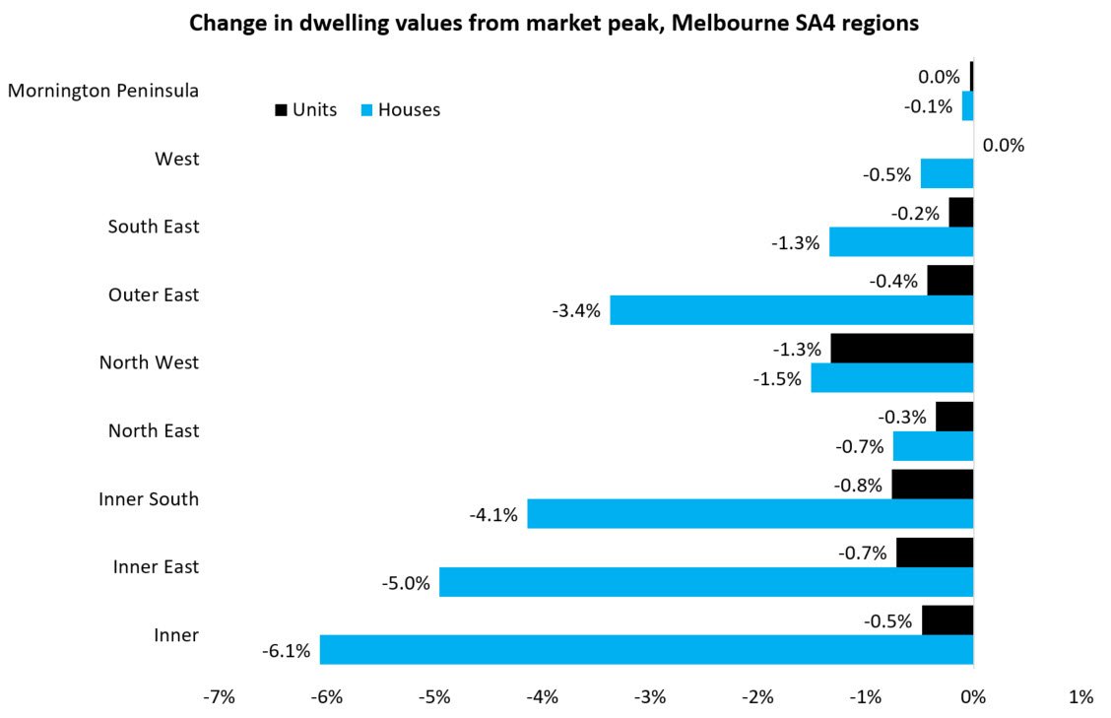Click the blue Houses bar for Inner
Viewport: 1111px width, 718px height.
pos(646,649)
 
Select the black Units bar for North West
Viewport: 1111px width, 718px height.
pos(901,348)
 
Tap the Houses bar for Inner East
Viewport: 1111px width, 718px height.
pos(705,581)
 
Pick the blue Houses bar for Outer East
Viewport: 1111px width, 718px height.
pos(791,310)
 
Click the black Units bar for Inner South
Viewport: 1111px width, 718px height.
pos(932,484)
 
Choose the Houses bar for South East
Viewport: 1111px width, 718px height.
pos(900,242)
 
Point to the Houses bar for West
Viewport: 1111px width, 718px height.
pos(947,173)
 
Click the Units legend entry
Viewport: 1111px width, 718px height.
pos(305,109)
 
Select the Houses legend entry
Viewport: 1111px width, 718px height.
pos(398,109)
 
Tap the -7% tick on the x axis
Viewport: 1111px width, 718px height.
pos(219,697)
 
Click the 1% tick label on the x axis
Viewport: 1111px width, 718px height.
pos(1080,697)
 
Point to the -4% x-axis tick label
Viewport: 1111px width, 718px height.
pos(542,697)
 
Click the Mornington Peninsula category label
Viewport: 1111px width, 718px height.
pos(103,91)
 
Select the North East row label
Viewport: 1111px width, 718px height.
pos(153,430)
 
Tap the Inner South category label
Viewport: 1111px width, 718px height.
pos(149,498)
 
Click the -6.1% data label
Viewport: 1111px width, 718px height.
pos(287,650)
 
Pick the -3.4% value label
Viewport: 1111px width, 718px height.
pos(577,311)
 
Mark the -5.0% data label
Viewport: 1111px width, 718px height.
pos(406,582)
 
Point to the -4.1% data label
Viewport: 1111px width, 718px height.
pos(494,514)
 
